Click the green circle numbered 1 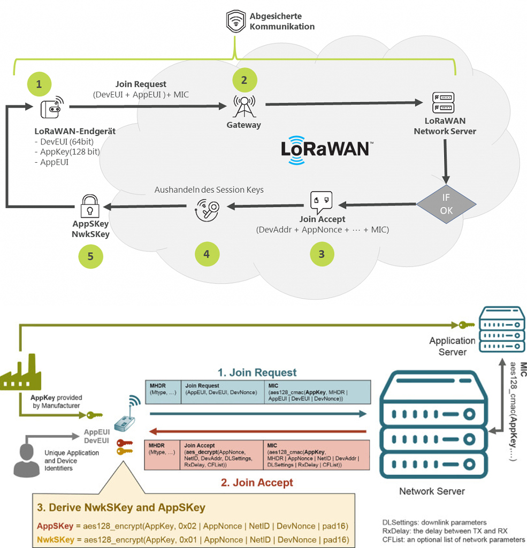pyautogui.click(x=38, y=83)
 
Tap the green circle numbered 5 pyautogui.click(x=90, y=256)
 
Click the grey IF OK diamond pyautogui.click(x=446, y=204)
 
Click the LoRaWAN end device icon pyautogui.click(x=52, y=108)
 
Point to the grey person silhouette pyautogui.click(x=27, y=459)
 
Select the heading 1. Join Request pyautogui.click(x=257, y=372)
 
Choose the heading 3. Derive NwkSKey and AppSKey pyautogui.click(x=121, y=507)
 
